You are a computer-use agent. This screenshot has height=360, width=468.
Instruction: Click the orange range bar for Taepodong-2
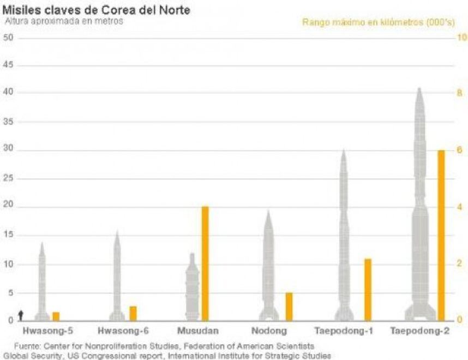[x=441, y=235]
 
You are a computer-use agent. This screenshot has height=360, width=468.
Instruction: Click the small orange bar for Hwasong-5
[x=56, y=316]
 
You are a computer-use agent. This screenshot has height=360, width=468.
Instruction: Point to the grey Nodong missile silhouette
[x=268, y=267]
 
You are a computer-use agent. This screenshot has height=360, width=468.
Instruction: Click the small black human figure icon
[x=21, y=315]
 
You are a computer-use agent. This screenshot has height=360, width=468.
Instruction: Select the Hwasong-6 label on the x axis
[x=123, y=331]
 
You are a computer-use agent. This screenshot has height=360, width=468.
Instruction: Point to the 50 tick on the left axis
[x=8, y=38]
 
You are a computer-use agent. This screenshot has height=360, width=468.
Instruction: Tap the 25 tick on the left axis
[x=8, y=179]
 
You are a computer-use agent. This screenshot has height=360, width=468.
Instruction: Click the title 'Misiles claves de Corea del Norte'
[x=97, y=10]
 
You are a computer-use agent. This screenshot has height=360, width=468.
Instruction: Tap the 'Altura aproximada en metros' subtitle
[x=64, y=21]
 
